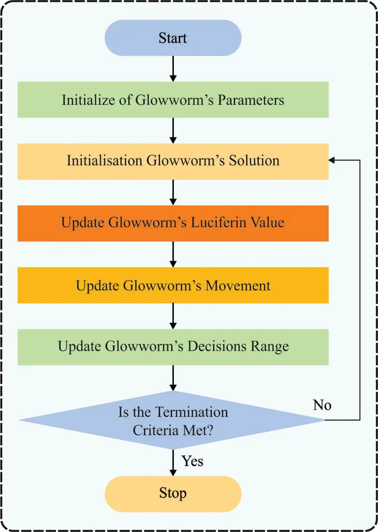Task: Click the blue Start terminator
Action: pyautogui.click(x=173, y=38)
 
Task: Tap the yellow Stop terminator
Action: pyautogui.click(x=173, y=493)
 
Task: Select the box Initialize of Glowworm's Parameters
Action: pyautogui.click(x=173, y=100)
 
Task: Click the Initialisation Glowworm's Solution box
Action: pyautogui.click(x=173, y=160)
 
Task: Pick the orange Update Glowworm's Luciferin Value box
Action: pyautogui.click(x=173, y=222)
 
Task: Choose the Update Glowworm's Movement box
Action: pyautogui.click(x=173, y=285)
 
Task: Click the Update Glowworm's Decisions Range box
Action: pyautogui.click(x=173, y=346)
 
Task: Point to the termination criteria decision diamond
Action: pyautogui.click(x=173, y=420)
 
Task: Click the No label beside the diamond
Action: pyautogui.click(x=322, y=405)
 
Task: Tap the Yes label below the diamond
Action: pyautogui.click(x=193, y=461)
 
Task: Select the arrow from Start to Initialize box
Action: pyautogui.click(x=173, y=68)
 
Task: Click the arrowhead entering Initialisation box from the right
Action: pyautogui.click(x=333, y=160)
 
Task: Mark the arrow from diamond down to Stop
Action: pyautogui.click(x=173, y=462)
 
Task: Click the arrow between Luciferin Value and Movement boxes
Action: pyautogui.click(x=173, y=254)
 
